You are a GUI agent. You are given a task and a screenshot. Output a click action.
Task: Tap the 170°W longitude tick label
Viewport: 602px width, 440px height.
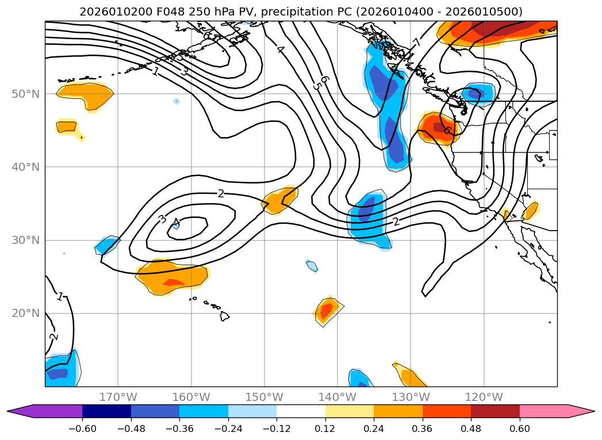(118, 397)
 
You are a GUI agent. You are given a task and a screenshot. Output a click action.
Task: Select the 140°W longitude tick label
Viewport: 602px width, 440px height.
(338, 397)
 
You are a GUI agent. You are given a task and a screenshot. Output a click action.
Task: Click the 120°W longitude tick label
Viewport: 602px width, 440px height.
(484, 397)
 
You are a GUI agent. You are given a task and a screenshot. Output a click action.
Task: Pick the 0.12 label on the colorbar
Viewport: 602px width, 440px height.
(325, 428)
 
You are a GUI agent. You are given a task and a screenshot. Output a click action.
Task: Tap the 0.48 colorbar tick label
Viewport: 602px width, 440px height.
(471, 428)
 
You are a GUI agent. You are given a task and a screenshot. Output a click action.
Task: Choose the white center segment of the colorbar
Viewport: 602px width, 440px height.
(301, 411)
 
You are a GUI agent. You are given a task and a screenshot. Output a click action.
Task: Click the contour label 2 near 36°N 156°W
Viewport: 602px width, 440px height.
(221, 193)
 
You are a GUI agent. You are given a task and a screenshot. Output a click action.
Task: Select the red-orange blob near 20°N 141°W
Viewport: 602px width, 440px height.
(327, 311)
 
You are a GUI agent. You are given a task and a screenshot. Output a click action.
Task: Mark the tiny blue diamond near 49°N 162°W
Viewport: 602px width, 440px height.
(177, 101)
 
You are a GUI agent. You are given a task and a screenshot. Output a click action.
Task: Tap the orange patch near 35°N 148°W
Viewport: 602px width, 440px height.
(281, 200)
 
